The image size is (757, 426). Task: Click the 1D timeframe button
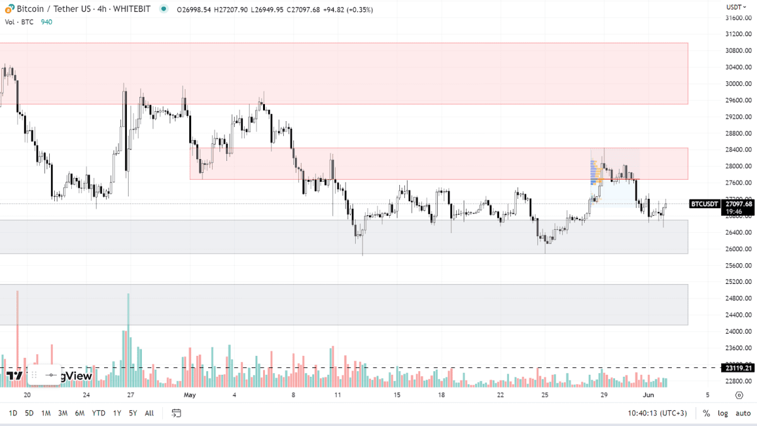point(13,413)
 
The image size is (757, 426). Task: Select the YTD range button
point(98,413)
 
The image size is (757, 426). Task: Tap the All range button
point(149,413)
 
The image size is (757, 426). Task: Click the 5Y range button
point(132,413)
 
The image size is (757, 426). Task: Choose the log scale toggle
point(722,413)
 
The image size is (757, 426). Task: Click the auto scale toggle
point(742,413)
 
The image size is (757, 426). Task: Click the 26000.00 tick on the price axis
point(738,249)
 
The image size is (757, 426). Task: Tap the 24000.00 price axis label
point(738,332)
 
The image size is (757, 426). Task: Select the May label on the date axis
point(190,396)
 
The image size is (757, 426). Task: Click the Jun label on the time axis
point(649,396)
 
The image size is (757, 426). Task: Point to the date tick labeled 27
point(130,396)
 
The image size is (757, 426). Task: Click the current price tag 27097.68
point(739,204)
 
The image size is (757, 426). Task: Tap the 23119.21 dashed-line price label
point(737,368)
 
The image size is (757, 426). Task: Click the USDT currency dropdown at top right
point(736,7)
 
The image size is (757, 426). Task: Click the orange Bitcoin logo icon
point(9,9)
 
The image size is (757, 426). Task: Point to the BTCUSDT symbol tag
point(704,204)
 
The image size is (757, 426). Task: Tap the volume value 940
point(47,22)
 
